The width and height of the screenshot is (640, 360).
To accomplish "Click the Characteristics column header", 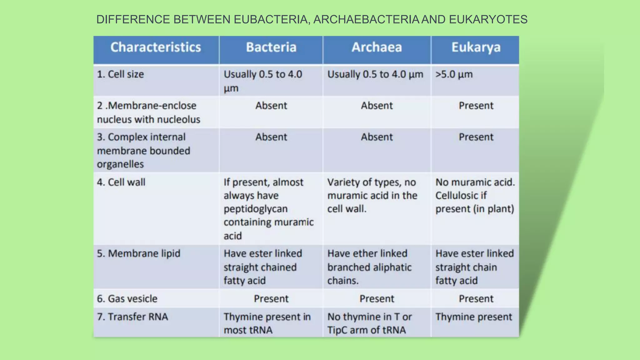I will (x=156, y=47).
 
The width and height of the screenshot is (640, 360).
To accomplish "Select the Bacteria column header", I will (x=271, y=47).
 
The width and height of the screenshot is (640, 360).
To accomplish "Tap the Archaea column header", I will (x=377, y=47).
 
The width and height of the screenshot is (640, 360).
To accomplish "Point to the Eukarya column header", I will (x=476, y=47).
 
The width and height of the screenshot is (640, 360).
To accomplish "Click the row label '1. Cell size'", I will (x=120, y=74).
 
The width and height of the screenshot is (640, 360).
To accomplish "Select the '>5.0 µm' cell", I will (x=454, y=74).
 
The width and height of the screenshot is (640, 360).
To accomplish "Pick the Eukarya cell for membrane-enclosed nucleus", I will (x=476, y=106).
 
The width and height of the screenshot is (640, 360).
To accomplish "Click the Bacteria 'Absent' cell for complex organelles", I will (x=271, y=137).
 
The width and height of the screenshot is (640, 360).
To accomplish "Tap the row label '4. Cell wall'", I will (x=121, y=182).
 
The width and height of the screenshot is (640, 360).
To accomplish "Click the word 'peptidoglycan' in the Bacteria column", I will (x=255, y=209).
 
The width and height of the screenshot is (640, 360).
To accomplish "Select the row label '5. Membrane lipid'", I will (x=138, y=253).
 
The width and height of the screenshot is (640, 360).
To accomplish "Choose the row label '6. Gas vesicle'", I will (x=127, y=299).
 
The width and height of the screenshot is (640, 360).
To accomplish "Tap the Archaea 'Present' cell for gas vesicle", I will (x=377, y=299).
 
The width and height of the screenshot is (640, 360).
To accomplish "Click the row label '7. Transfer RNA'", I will (x=132, y=317).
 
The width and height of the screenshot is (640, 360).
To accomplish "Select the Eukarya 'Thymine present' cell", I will (x=473, y=317).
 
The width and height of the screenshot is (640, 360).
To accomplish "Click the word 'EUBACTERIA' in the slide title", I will (x=272, y=19).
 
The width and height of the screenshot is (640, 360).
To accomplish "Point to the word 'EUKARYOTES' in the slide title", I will (x=488, y=19).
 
